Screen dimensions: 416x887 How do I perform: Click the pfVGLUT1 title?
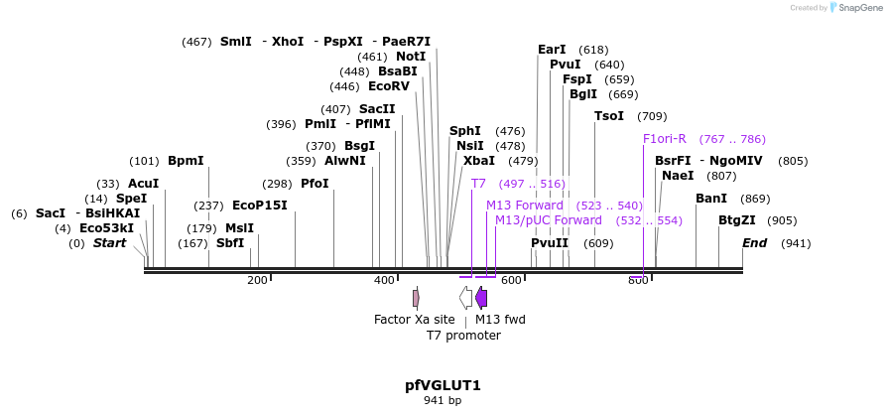[x=443, y=385]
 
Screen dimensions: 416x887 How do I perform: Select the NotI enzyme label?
[x=411, y=57]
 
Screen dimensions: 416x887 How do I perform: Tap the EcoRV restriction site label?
[x=388, y=86]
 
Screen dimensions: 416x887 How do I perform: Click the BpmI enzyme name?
[x=186, y=161]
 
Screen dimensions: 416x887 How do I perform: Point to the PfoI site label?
[x=315, y=184]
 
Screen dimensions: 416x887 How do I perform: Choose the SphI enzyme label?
[x=465, y=131]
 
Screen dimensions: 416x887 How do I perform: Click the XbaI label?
[x=479, y=161]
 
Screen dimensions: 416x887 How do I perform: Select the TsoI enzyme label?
[x=609, y=116]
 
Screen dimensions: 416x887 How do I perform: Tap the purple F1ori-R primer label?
[x=665, y=139]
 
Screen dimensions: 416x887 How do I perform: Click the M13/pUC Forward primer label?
[x=549, y=220]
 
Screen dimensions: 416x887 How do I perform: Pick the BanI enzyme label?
[x=711, y=199]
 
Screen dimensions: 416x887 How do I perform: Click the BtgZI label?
[x=737, y=220]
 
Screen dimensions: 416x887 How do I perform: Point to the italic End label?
[x=756, y=243]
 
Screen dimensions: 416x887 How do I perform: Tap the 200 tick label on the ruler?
[x=257, y=281]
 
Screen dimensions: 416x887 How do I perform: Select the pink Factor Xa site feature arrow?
[x=416, y=297]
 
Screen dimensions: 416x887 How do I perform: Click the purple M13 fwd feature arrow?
[x=481, y=297]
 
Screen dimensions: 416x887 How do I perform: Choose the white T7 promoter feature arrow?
[x=465, y=297]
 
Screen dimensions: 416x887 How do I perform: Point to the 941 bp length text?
[x=443, y=401]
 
